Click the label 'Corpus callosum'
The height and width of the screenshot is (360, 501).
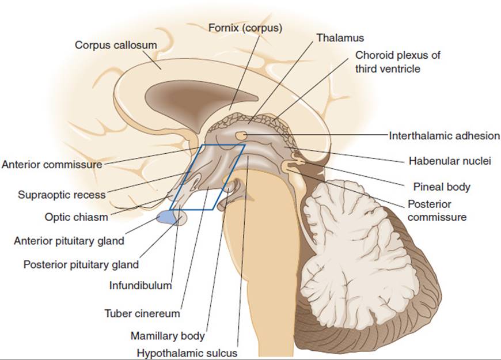tap(116, 45)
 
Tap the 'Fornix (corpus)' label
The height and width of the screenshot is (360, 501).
tap(245, 28)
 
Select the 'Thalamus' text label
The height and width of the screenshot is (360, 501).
tap(340, 37)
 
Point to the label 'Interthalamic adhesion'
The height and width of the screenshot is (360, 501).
tap(444, 135)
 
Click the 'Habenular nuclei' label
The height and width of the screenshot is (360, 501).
tap(450, 161)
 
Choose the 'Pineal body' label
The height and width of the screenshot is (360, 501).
tap(442, 187)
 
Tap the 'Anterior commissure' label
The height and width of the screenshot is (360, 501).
tap(52, 164)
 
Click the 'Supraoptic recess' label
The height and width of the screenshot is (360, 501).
tap(62, 195)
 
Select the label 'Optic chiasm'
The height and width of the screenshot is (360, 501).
tap(76, 217)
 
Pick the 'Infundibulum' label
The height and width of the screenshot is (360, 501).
tap(141, 285)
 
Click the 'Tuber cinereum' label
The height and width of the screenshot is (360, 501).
tap(142, 313)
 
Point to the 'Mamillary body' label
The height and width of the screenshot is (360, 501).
tap(168, 336)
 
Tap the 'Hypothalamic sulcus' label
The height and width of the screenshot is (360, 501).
tap(187, 353)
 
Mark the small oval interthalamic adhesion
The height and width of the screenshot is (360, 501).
tap(241, 135)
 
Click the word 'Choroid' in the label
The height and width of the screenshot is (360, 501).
tap(373, 55)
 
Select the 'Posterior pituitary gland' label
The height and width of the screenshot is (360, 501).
tap(81, 265)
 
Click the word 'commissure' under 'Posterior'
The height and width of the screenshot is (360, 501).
tap(437, 217)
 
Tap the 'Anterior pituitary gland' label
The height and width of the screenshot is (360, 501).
tap(69, 241)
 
